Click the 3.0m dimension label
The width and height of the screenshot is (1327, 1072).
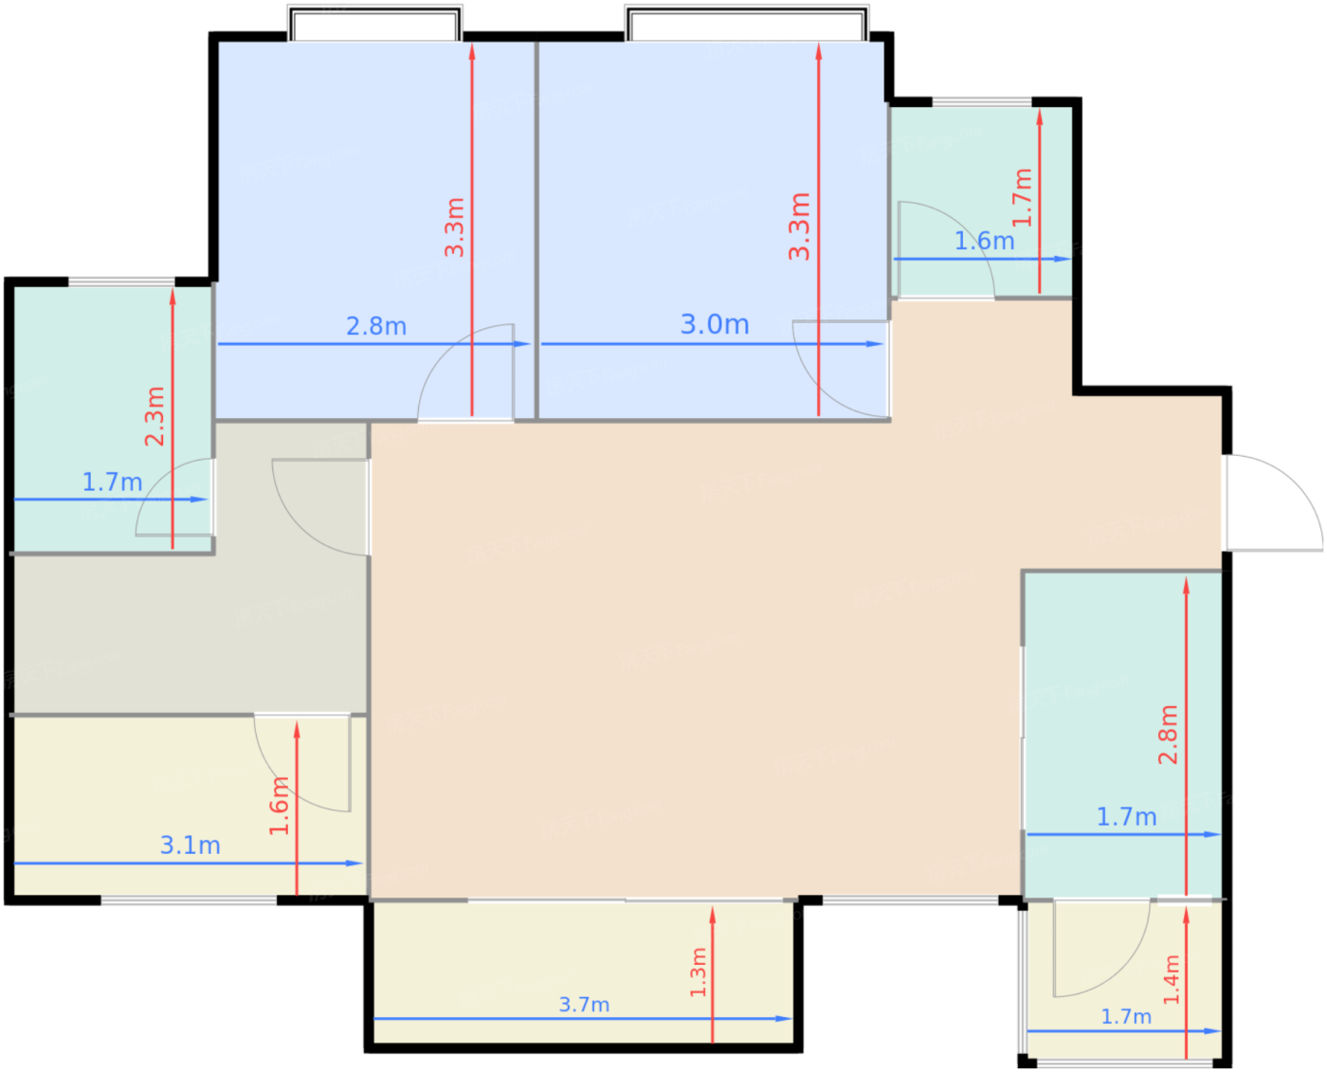[x=714, y=324]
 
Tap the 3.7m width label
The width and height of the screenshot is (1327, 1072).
[x=584, y=1004]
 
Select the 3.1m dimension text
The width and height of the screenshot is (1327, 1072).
[x=190, y=845]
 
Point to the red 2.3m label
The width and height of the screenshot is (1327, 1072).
[x=155, y=416]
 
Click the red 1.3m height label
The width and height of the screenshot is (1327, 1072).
[x=699, y=972]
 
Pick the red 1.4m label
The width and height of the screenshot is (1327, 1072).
[x=1172, y=980]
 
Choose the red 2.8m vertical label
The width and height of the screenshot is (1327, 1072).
[x=1168, y=735]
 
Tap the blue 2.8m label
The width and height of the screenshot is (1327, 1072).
[x=376, y=326]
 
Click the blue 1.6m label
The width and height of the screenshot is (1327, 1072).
[x=984, y=241]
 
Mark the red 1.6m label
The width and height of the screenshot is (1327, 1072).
[x=279, y=806]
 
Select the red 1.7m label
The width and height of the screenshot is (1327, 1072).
[x=1022, y=197]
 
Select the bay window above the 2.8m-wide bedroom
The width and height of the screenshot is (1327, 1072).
[x=374, y=23]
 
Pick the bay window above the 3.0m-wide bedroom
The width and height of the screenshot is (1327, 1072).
[x=746, y=23]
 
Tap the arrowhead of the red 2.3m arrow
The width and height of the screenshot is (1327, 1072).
[x=173, y=296]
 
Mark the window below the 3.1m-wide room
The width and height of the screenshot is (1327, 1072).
[x=189, y=900]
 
